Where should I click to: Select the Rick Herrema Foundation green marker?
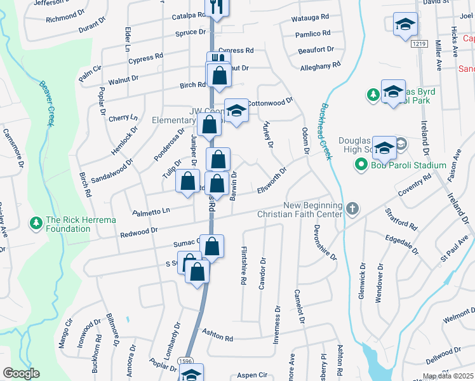[x=36, y=224]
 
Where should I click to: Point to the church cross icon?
[x=353, y=208]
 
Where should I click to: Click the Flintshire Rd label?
[x=243, y=267]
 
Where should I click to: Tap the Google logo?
[x=21, y=373]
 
